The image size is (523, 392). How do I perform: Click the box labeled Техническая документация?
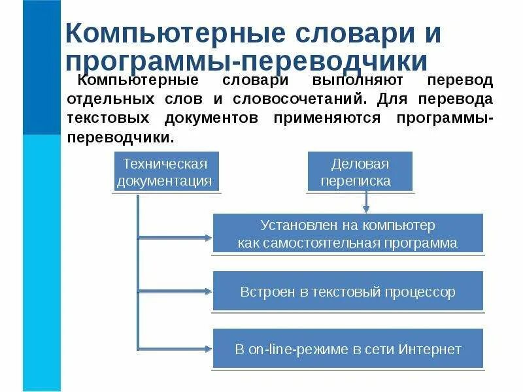[x=165, y=172]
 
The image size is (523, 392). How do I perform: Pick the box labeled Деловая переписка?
[x=360, y=172]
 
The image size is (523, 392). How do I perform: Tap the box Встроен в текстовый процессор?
[x=348, y=292]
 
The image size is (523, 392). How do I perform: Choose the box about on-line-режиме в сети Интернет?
[x=348, y=349]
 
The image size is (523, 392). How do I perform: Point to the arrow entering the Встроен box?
[x=177, y=291]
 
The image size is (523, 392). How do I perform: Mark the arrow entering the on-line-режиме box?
[x=177, y=349]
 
